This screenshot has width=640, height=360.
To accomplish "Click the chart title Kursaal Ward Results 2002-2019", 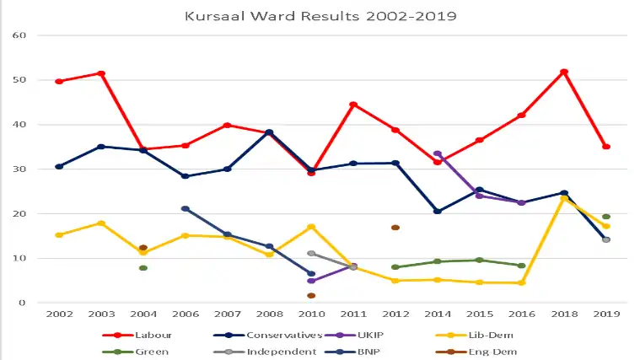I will pos(320,15).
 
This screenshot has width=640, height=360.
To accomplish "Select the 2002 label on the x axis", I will pos(59,314).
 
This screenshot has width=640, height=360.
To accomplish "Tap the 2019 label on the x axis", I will pos(605,314).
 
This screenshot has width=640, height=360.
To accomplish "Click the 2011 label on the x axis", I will pos(353,314).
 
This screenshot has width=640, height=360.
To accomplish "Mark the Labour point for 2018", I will pos(564,72).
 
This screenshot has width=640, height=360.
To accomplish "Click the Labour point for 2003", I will pos(101,73).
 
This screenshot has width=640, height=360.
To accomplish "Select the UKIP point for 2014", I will pos(438,153).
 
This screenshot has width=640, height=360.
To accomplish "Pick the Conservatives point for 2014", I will pos(438,211).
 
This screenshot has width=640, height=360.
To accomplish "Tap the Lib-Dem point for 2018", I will pos(564,198).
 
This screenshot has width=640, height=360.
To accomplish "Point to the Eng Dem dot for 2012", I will pos(395,228).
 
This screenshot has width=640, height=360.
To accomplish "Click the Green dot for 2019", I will pos(606,217).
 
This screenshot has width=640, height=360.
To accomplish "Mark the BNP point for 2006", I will pos(186,208).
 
